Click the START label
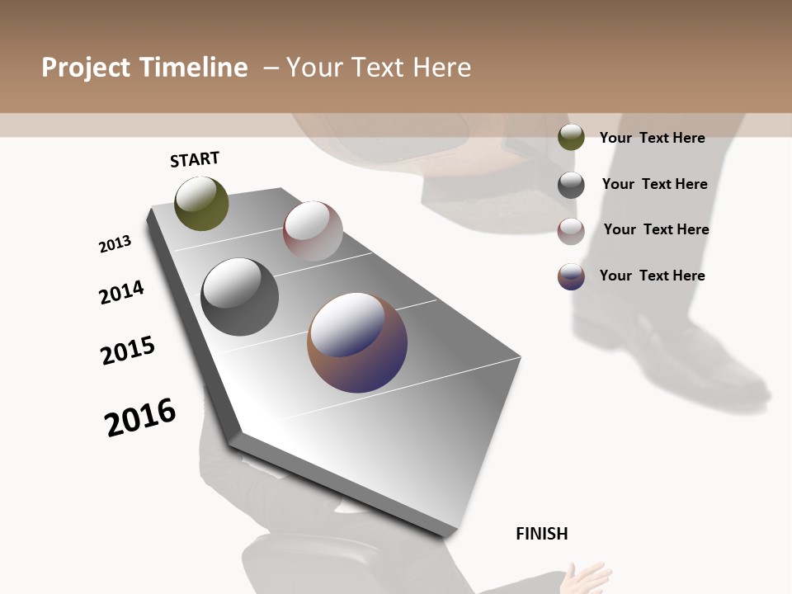tap(195, 159)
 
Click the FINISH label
tap(542, 534)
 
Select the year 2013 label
tap(115, 244)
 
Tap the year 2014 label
tap(121, 292)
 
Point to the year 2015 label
tap(128, 351)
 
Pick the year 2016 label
tap(140, 417)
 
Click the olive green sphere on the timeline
tap(201, 203)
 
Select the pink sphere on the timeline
tap(313, 230)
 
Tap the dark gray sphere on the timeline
tap(239, 297)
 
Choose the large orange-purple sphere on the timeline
tap(357, 342)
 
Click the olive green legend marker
tap(571, 138)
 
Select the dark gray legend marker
tap(571, 185)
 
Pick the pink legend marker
tap(571, 230)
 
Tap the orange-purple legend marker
tap(571, 276)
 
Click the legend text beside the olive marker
tap(653, 138)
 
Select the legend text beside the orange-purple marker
tap(653, 276)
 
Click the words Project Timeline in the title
tap(144, 68)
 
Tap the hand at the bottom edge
tap(587, 577)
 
